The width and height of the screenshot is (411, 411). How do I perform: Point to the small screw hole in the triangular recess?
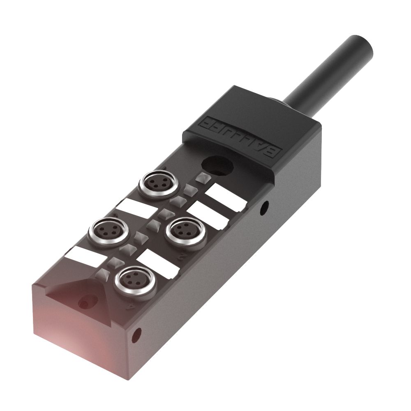[85, 302]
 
